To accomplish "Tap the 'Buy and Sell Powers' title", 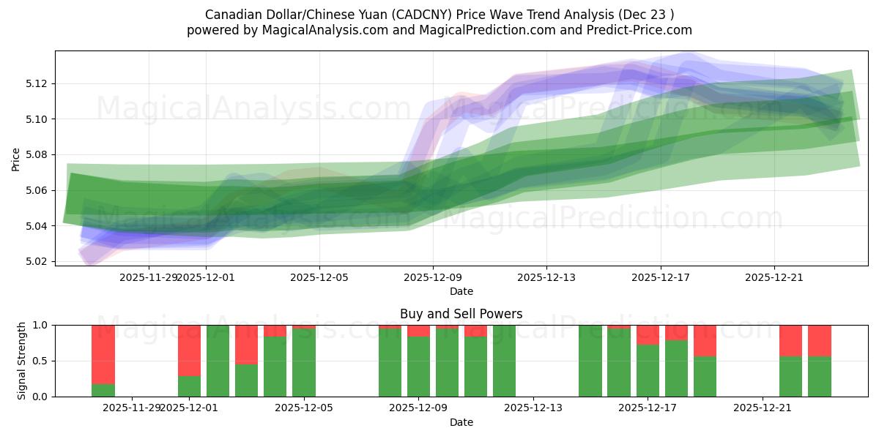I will coord(461,314).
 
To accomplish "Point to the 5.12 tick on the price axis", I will coord(37,83).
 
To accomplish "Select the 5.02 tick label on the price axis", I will coord(37,261).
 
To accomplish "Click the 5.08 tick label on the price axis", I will coord(37,154).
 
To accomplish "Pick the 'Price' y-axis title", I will coord(16,158).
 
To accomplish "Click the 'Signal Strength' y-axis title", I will coord(22,361).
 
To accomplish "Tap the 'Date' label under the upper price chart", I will coord(461,291).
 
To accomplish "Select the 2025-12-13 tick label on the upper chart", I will coord(546,277).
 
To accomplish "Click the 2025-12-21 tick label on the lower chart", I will coord(763,408).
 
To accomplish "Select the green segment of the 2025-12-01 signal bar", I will coord(189,386).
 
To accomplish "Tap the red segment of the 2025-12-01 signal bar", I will coord(189,350).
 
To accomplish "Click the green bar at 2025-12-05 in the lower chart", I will coord(304,362).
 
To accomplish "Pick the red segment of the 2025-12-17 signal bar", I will coord(648,334).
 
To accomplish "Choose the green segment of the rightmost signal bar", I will coord(820,376).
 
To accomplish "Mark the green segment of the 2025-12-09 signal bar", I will coord(418,367).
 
